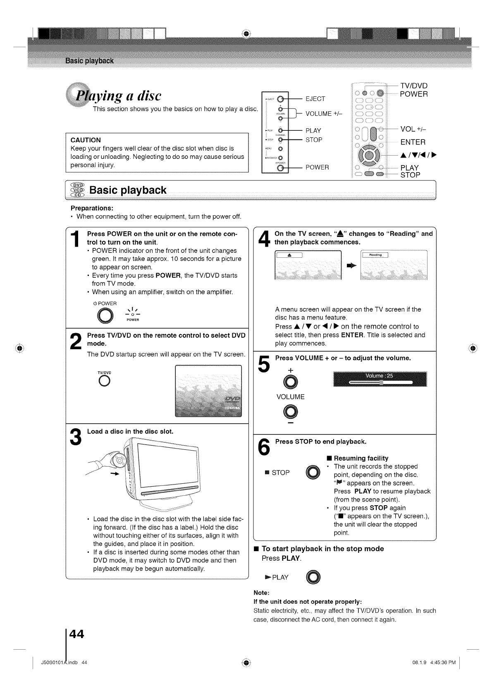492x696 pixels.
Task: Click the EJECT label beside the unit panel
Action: click(315, 98)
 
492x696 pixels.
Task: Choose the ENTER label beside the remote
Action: click(413, 142)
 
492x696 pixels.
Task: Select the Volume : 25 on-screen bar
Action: click(380, 379)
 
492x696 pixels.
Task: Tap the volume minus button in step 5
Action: click(291, 412)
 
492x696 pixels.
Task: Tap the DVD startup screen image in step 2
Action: click(208, 391)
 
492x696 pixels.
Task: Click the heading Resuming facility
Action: click(361, 458)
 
